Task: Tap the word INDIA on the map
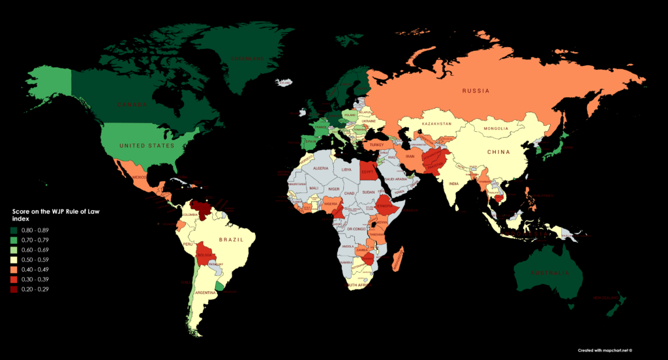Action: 455,183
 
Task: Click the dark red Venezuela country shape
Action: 204,210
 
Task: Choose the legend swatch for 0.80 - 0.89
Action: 17,230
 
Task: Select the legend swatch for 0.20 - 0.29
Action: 17,289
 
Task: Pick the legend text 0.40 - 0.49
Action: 44,269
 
